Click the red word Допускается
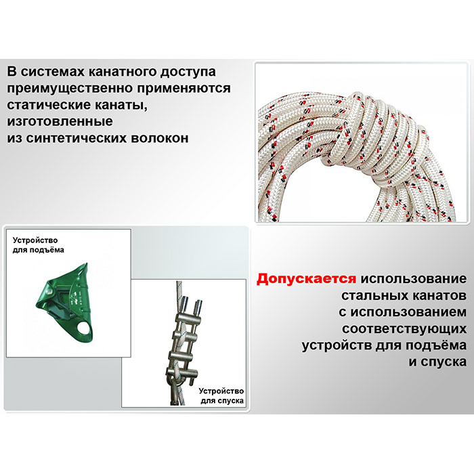(306, 279)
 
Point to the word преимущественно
(70, 88)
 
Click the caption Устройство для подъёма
(38, 245)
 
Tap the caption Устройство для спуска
(221, 395)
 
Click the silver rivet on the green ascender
(49, 291)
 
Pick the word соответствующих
(404, 329)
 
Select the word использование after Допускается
(414, 279)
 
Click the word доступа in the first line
(188, 72)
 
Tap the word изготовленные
(60, 121)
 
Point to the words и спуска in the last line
(437, 362)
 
